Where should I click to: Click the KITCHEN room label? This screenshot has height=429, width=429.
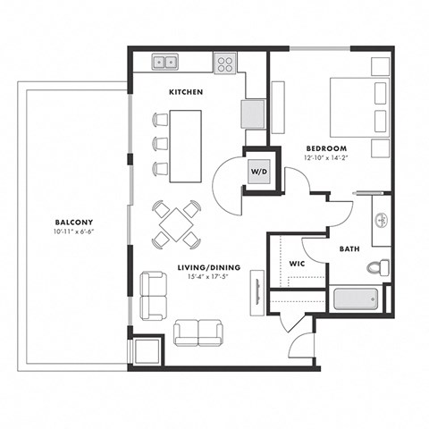185,92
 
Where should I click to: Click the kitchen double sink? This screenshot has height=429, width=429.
164,62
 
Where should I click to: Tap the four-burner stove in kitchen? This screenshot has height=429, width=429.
225,63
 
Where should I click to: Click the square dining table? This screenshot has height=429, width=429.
176,223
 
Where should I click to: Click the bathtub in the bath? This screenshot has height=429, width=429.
357,299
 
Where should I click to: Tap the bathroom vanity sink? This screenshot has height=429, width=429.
381,219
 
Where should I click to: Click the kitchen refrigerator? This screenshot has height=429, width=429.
253,114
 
